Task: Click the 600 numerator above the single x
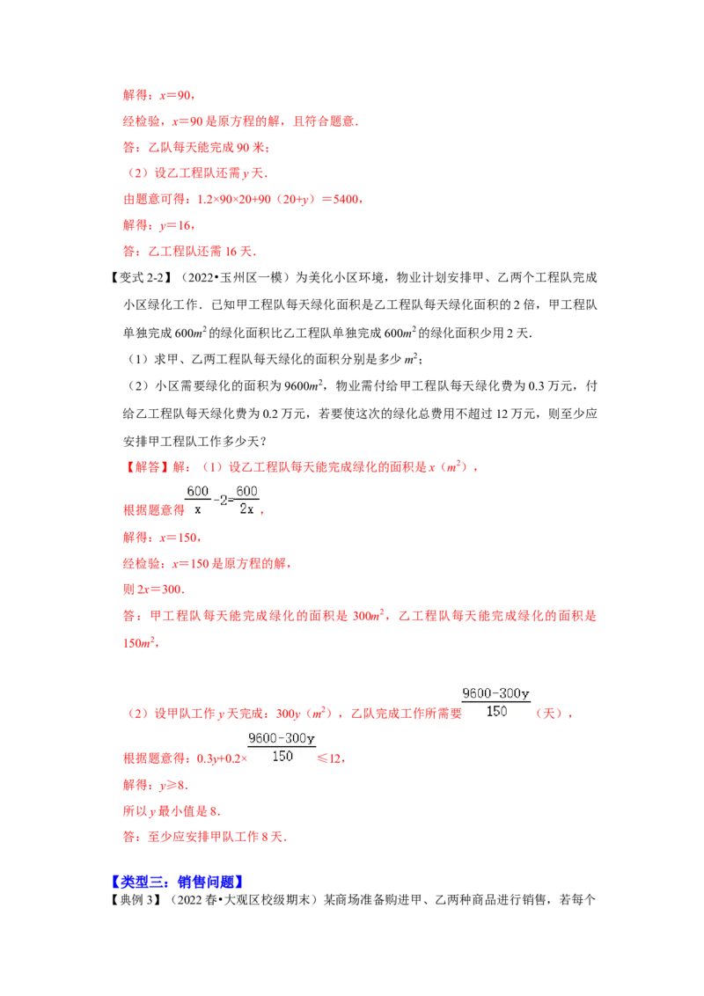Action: (197, 490)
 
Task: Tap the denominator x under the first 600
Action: (197, 509)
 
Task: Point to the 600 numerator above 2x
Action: (247, 490)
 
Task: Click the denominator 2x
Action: (247, 509)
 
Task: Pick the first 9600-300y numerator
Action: (496, 693)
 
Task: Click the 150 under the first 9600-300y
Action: (496, 712)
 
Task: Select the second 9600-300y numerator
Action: (282, 738)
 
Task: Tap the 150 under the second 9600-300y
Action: (282, 757)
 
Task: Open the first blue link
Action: (141, 882)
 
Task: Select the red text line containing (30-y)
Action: (242, 200)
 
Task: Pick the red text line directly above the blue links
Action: (204, 839)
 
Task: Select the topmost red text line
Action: (158, 95)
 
